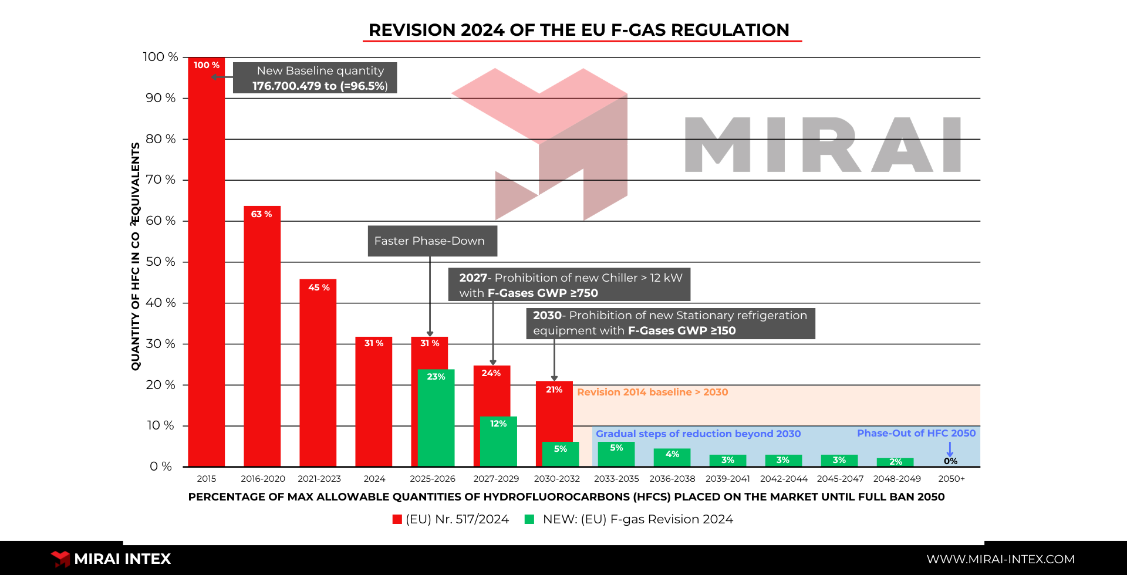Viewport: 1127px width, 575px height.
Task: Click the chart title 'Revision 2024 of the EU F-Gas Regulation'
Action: (x=579, y=30)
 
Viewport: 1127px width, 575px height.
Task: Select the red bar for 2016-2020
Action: (x=262, y=336)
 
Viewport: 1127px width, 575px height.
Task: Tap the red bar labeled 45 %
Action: (x=318, y=373)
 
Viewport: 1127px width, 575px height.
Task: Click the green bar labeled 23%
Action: (x=436, y=418)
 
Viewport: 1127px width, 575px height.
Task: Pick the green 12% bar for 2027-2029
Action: (x=498, y=442)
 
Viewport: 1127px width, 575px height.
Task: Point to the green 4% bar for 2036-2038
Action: (x=672, y=458)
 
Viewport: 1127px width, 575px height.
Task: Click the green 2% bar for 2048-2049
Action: (x=895, y=462)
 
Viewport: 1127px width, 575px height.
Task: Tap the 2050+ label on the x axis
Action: (x=951, y=479)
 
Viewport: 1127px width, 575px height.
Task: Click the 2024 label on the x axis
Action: (x=374, y=479)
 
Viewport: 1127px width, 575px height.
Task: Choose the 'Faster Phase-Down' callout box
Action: (x=433, y=241)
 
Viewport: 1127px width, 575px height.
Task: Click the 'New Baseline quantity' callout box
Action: (x=315, y=78)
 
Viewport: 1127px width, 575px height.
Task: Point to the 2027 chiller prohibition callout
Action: (x=569, y=285)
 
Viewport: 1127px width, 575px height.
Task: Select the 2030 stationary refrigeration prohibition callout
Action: (x=670, y=323)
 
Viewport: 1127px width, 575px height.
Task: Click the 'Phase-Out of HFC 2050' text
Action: (x=916, y=433)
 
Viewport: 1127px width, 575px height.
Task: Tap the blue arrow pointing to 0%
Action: (x=950, y=449)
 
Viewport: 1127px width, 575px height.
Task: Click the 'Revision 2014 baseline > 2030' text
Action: (x=653, y=392)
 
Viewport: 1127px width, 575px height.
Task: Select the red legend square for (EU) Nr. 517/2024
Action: (x=397, y=519)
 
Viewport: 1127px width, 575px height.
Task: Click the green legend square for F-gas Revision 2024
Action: (x=529, y=519)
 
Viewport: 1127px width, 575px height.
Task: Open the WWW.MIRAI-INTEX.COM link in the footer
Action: (x=1001, y=559)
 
